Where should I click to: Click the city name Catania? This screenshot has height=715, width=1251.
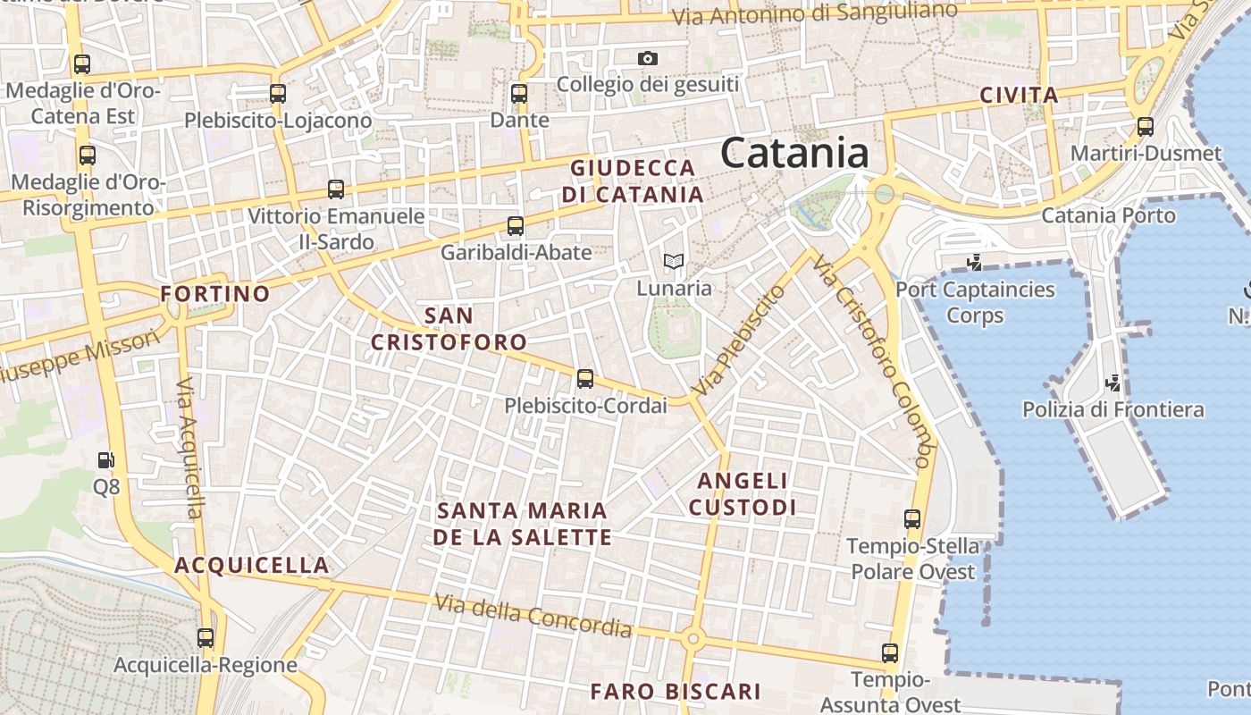tap(794, 153)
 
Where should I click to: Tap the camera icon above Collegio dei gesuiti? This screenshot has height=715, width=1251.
tap(648, 59)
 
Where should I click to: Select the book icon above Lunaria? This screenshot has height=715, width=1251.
tap(674, 261)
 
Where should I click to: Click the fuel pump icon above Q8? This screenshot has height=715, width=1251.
tap(106, 460)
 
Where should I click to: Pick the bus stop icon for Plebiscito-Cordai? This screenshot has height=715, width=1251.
tap(585, 379)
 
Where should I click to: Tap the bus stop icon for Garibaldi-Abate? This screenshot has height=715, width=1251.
tap(516, 226)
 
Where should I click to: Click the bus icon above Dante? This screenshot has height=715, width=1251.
tap(519, 93)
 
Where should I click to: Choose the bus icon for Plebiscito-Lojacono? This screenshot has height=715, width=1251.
tap(278, 93)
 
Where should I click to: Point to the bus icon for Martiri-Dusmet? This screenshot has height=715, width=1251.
tap(1146, 127)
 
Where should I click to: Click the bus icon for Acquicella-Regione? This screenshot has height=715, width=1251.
tap(206, 638)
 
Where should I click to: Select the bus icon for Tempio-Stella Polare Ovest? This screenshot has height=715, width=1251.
tap(912, 519)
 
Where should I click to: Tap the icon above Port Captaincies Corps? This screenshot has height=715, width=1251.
tap(975, 263)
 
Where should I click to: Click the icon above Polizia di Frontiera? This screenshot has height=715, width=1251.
tap(1113, 383)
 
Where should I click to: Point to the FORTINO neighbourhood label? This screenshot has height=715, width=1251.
tap(214, 294)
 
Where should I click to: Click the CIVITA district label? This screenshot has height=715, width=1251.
tap(1019, 96)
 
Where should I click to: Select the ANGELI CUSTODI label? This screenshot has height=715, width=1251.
tap(743, 494)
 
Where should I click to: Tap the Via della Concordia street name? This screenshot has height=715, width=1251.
tap(533, 617)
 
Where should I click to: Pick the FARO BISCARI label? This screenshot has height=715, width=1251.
tap(676, 691)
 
